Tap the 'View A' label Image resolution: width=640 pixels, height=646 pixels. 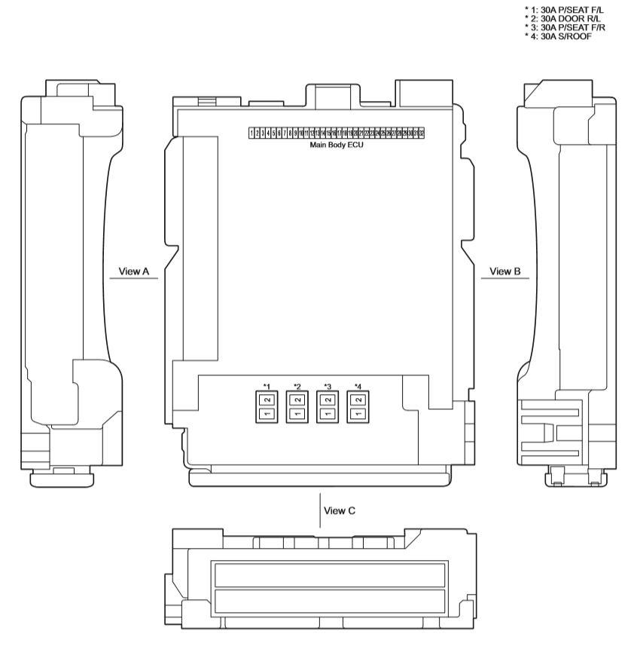[133, 271]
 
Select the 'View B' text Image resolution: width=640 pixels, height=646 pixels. [505, 271]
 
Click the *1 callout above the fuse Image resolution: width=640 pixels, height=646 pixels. [267, 387]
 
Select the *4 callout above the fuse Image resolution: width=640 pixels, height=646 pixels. [358, 387]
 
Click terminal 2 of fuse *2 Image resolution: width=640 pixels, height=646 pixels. [297, 400]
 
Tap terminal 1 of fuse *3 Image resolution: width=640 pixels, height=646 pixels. [328, 414]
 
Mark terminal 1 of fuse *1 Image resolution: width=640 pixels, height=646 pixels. [267, 414]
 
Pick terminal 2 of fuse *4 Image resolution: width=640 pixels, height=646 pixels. [358, 400]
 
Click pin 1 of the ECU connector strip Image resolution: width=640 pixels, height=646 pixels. [251, 133]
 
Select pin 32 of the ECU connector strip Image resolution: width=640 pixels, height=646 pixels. [422, 133]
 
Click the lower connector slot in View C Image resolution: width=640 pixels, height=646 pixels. [331, 602]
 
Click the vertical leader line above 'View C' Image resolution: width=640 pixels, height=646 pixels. [320, 507]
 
